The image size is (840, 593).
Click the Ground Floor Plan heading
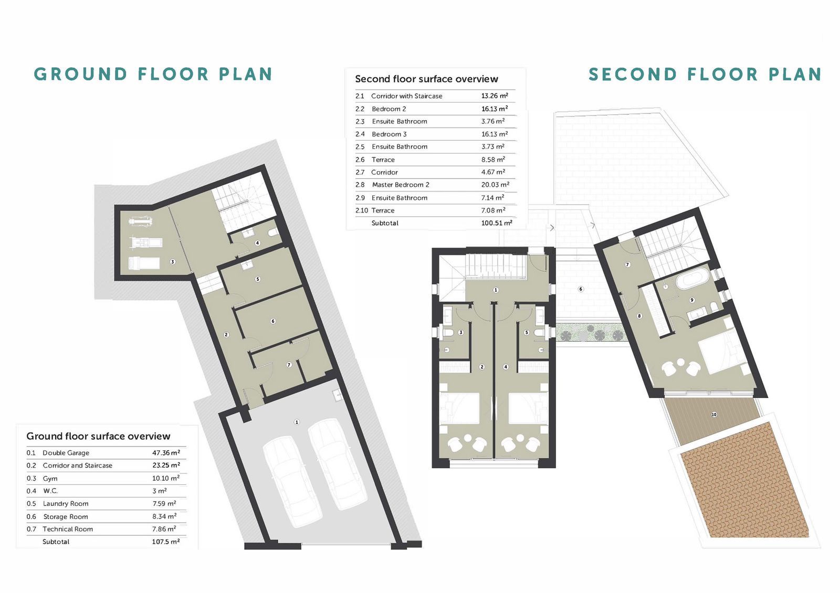[153, 74]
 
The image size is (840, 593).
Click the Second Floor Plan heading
[705, 74]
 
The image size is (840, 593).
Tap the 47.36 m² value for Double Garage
[166, 452]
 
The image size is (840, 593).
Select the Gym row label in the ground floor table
[50, 478]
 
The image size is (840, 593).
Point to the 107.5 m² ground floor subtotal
[166, 541]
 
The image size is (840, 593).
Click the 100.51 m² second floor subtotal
[497, 223]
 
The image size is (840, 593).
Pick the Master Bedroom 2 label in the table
[401, 185]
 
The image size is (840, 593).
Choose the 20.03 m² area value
[495, 184]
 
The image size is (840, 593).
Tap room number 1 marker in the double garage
[297, 422]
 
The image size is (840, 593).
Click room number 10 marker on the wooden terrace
[714, 415]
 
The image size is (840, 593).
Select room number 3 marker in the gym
[173, 262]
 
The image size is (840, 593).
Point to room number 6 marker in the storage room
[273, 321]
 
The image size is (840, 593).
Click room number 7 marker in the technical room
[289, 365]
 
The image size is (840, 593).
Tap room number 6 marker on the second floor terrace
[581, 289]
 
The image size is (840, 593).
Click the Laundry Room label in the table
[66, 503]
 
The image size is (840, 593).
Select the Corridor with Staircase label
[406, 96]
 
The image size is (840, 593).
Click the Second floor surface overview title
[426, 79]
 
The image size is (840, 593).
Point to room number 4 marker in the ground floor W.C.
[257, 243]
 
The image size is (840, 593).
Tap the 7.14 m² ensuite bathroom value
[493, 197]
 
